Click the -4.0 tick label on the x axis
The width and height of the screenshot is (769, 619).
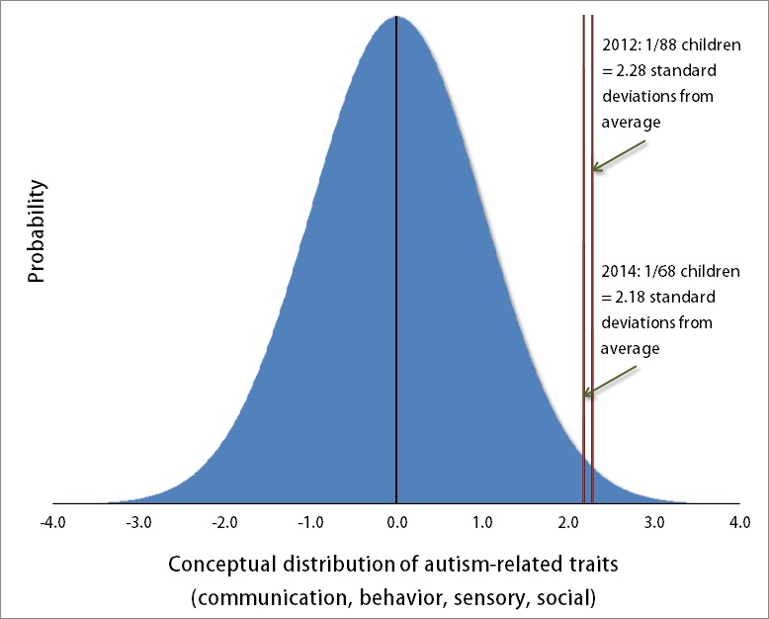tap(52, 522)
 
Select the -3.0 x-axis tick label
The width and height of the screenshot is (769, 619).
tap(138, 522)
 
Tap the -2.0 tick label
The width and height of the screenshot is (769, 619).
tap(224, 522)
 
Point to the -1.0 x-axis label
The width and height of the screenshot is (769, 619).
tap(310, 522)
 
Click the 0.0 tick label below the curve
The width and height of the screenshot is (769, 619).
tap(396, 522)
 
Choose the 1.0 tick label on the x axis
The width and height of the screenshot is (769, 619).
tap(482, 522)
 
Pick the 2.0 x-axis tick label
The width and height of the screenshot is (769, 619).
tap(568, 522)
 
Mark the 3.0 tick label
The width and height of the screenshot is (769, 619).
tap(654, 522)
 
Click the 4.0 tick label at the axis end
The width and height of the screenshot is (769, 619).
tap(740, 522)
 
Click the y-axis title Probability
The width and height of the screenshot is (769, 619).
tap(36, 231)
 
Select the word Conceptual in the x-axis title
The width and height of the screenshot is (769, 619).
tap(222, 565)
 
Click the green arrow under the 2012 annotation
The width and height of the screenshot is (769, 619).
tap(618, 156)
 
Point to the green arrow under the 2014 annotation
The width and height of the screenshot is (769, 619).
tap(610, 381)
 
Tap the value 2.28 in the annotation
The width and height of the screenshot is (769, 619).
tap(631, 70)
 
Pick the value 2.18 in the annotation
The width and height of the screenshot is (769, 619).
tap(630, 298)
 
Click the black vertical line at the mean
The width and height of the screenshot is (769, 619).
tap(396, 260)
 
